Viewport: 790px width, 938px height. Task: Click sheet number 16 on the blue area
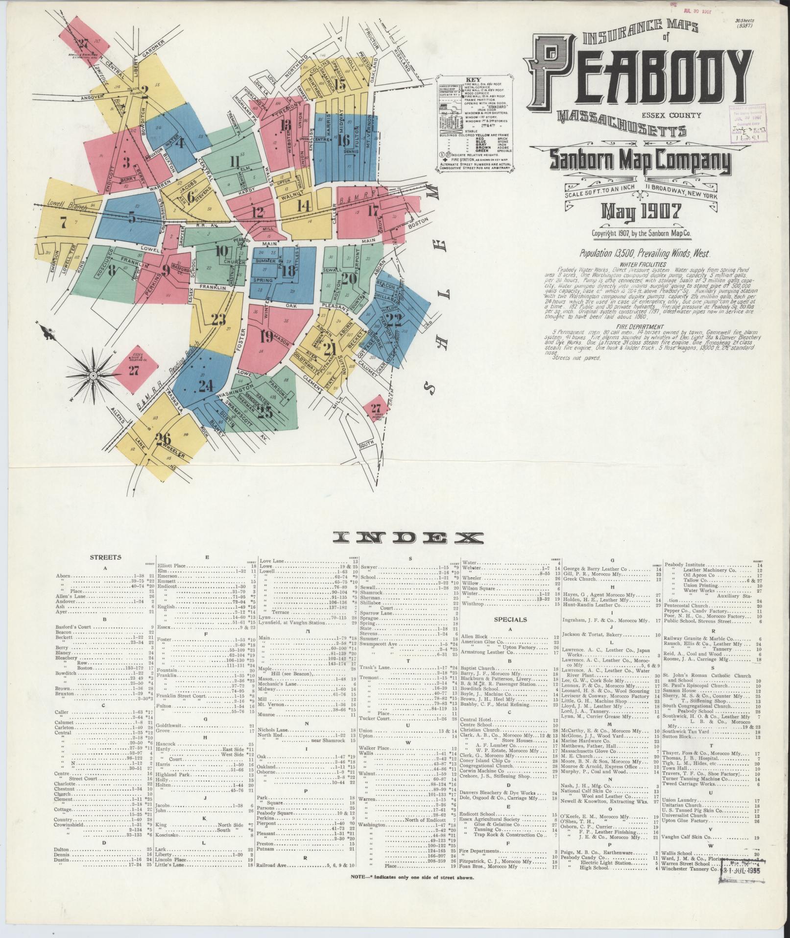point(343,141)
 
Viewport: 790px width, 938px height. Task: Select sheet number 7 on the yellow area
point(63,222)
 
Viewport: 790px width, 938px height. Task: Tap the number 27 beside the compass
point(134,371)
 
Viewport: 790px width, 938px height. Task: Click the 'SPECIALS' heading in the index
point(510,619)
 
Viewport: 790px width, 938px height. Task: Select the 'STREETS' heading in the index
point(105,557)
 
